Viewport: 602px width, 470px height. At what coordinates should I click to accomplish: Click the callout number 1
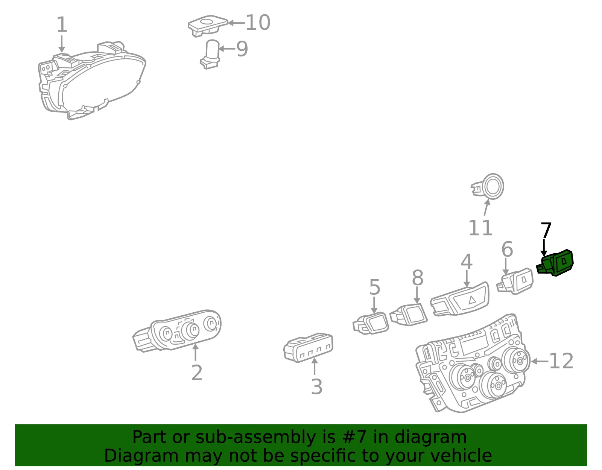pos(62,24)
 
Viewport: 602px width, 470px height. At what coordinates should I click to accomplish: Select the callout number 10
pos(258,23)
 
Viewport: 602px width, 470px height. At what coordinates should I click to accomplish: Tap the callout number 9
pos(242,49)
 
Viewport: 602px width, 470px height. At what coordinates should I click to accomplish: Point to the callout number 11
pos(480,228)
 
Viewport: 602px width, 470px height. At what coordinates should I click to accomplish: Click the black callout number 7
pos(546,230)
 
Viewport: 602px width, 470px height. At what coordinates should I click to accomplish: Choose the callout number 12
pos(561,361)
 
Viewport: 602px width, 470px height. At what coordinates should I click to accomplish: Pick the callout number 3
pos(317,386)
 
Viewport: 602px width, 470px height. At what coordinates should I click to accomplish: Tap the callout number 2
pos(197,373)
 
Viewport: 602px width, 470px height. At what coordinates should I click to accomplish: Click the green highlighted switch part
pos(555,263)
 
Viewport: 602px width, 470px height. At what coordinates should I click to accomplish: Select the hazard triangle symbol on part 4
pos(472,300)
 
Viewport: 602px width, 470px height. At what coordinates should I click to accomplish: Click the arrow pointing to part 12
pos(540,361)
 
